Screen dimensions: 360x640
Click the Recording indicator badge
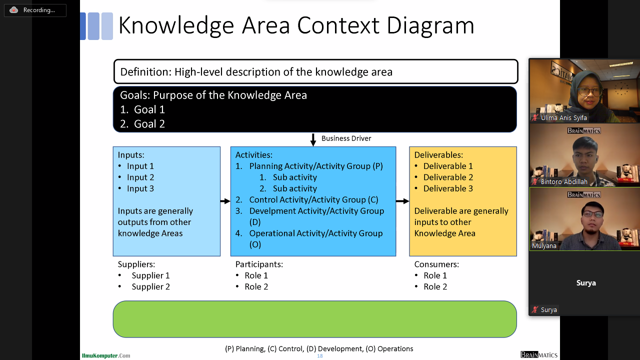coord(35,10)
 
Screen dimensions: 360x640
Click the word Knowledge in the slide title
coord(175,25)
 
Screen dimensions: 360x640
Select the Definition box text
coord(256,72)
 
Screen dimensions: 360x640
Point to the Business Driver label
coord(346,138)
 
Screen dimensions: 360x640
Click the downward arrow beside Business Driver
coord(313,139)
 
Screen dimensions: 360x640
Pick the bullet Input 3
coord(140,188)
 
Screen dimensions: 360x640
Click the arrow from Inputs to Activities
coord(225,201)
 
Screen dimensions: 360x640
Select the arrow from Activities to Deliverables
coord(402,201)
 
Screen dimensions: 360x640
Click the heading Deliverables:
coord(438,155)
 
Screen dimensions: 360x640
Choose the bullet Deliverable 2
coord(448,177)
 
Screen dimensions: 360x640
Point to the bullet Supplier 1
coord(150,275)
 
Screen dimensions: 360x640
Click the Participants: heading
coord(259,264)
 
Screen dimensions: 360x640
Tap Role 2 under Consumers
coord(435,286)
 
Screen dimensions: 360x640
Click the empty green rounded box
coord(314,319)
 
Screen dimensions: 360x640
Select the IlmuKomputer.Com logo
coord(106,355)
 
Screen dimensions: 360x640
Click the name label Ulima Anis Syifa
coord(563,118)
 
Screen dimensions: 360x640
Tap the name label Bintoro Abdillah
coord(563,182)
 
